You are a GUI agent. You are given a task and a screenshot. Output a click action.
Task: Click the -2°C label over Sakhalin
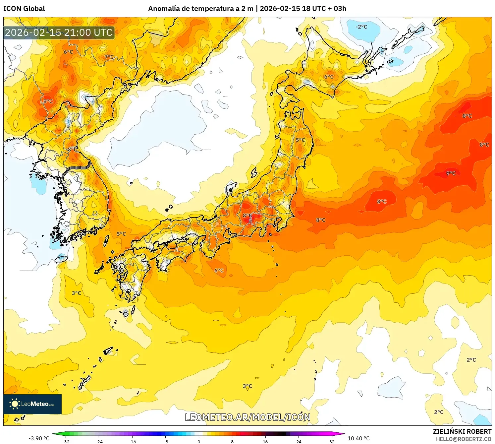pyautogui.click(x=361, y=27)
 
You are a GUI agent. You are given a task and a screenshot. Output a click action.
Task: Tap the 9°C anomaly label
pyautogui.click(x=451, y=173)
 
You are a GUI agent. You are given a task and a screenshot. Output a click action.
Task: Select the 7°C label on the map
pyautogui.click(x=109, y=57)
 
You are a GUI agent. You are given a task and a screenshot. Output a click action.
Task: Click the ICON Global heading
pyautogui.click(x=24, y=9)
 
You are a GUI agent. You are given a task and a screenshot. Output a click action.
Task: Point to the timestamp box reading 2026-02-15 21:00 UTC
pyautogui.click(x=59, y=32)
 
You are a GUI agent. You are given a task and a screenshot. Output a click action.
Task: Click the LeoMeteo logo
pyautogui.click(x=32, y=404)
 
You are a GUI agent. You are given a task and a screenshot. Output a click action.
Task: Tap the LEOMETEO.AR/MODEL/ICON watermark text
pyautogui.click(x=247, y=417)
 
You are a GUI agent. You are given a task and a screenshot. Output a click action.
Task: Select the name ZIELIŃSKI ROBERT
pyautogui.click(x=462, y=431)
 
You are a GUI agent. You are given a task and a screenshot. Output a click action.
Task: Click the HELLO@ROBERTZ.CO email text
pyautogui.click(x=463, y=439)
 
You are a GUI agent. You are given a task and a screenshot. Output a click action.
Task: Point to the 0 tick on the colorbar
pyautogui.click(x=199, y=441)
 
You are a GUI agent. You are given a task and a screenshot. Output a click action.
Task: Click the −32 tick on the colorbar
pyautogui.click(x=66, y=441)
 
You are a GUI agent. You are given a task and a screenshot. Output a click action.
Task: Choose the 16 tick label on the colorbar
pyautogui.click(x=265, y=441)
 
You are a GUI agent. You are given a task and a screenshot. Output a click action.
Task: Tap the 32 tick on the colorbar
pyautogui.click(x=332, y=441)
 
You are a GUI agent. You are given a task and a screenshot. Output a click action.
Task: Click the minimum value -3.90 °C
pyautogui.click(x=39, y=438)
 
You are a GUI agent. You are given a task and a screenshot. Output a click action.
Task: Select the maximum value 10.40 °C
pyautogui.click(x=358, y=438)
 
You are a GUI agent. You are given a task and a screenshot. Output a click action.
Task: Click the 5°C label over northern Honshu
pyautogui.click(x=300, y=140)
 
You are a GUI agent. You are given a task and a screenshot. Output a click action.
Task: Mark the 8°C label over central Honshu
pyautogui.click(x=247, y=215)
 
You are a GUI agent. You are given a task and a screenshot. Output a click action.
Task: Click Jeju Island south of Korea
pyautogui.click(x=61, y=258)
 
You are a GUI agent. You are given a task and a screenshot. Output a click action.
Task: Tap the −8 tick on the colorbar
pyautogui.click(x=166, y=441)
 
